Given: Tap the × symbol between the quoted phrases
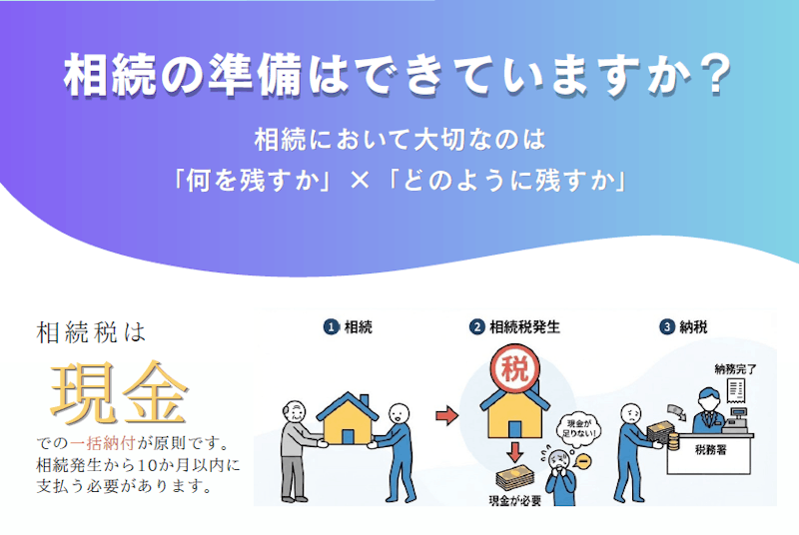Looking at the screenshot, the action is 360,181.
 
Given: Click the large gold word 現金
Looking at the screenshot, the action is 119,392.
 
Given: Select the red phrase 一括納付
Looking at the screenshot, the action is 103,443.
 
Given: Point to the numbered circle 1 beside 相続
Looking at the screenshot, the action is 332,326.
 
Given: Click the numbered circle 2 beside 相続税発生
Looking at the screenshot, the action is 476,326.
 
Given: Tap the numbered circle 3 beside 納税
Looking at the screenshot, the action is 667,326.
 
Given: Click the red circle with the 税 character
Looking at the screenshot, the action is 514,369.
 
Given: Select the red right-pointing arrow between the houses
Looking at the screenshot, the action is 446,416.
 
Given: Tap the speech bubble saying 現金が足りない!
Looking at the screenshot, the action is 579,428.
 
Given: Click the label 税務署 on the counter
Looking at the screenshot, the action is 710,450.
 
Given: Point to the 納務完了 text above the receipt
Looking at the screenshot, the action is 735,369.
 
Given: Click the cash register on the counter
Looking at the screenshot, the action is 736,420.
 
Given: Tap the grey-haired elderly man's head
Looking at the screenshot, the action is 295,412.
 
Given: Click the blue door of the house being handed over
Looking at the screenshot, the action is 348,436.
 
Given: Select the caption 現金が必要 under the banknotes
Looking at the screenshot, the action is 514,501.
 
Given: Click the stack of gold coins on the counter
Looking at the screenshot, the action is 672,442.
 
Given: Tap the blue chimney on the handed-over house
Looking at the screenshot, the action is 365,400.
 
